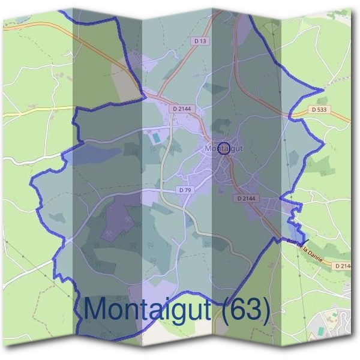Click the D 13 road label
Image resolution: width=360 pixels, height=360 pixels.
tap(200, 41)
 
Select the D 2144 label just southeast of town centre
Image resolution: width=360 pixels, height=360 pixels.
tap(246, 197)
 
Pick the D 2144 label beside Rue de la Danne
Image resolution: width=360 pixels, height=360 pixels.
tap(343, 265)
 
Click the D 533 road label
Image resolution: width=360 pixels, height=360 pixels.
tap(320, 110)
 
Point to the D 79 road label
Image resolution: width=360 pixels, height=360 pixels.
tap(185, 190)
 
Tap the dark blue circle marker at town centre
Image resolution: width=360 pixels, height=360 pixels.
tap(223, 148)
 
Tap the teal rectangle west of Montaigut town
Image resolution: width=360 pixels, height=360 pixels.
tap(155, 137)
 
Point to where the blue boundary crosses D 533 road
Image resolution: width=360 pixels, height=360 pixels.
tap(290, 113)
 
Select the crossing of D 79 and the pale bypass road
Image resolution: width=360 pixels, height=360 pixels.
tap(163, 190)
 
